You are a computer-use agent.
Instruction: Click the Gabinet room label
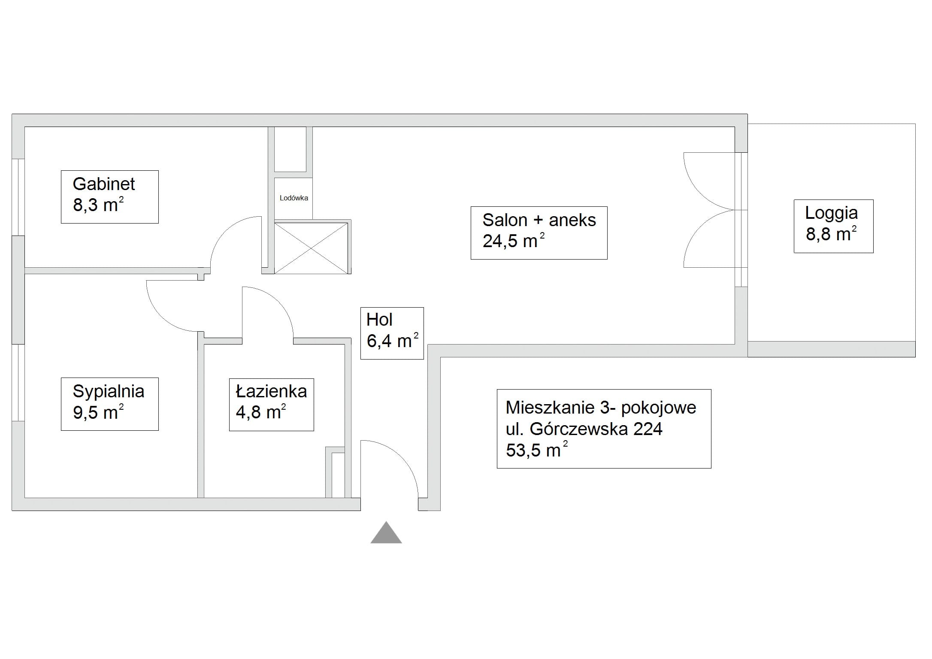109,196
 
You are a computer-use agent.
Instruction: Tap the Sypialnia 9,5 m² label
109,404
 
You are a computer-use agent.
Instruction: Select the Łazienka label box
271,404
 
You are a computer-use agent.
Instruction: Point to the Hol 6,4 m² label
392,333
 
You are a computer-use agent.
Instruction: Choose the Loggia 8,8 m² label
833,226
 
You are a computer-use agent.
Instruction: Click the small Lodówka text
294,198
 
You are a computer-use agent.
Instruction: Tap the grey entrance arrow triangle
386,532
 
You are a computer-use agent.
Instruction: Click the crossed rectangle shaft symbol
311,247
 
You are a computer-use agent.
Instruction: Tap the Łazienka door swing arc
278,301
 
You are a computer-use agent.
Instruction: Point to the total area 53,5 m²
536,450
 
